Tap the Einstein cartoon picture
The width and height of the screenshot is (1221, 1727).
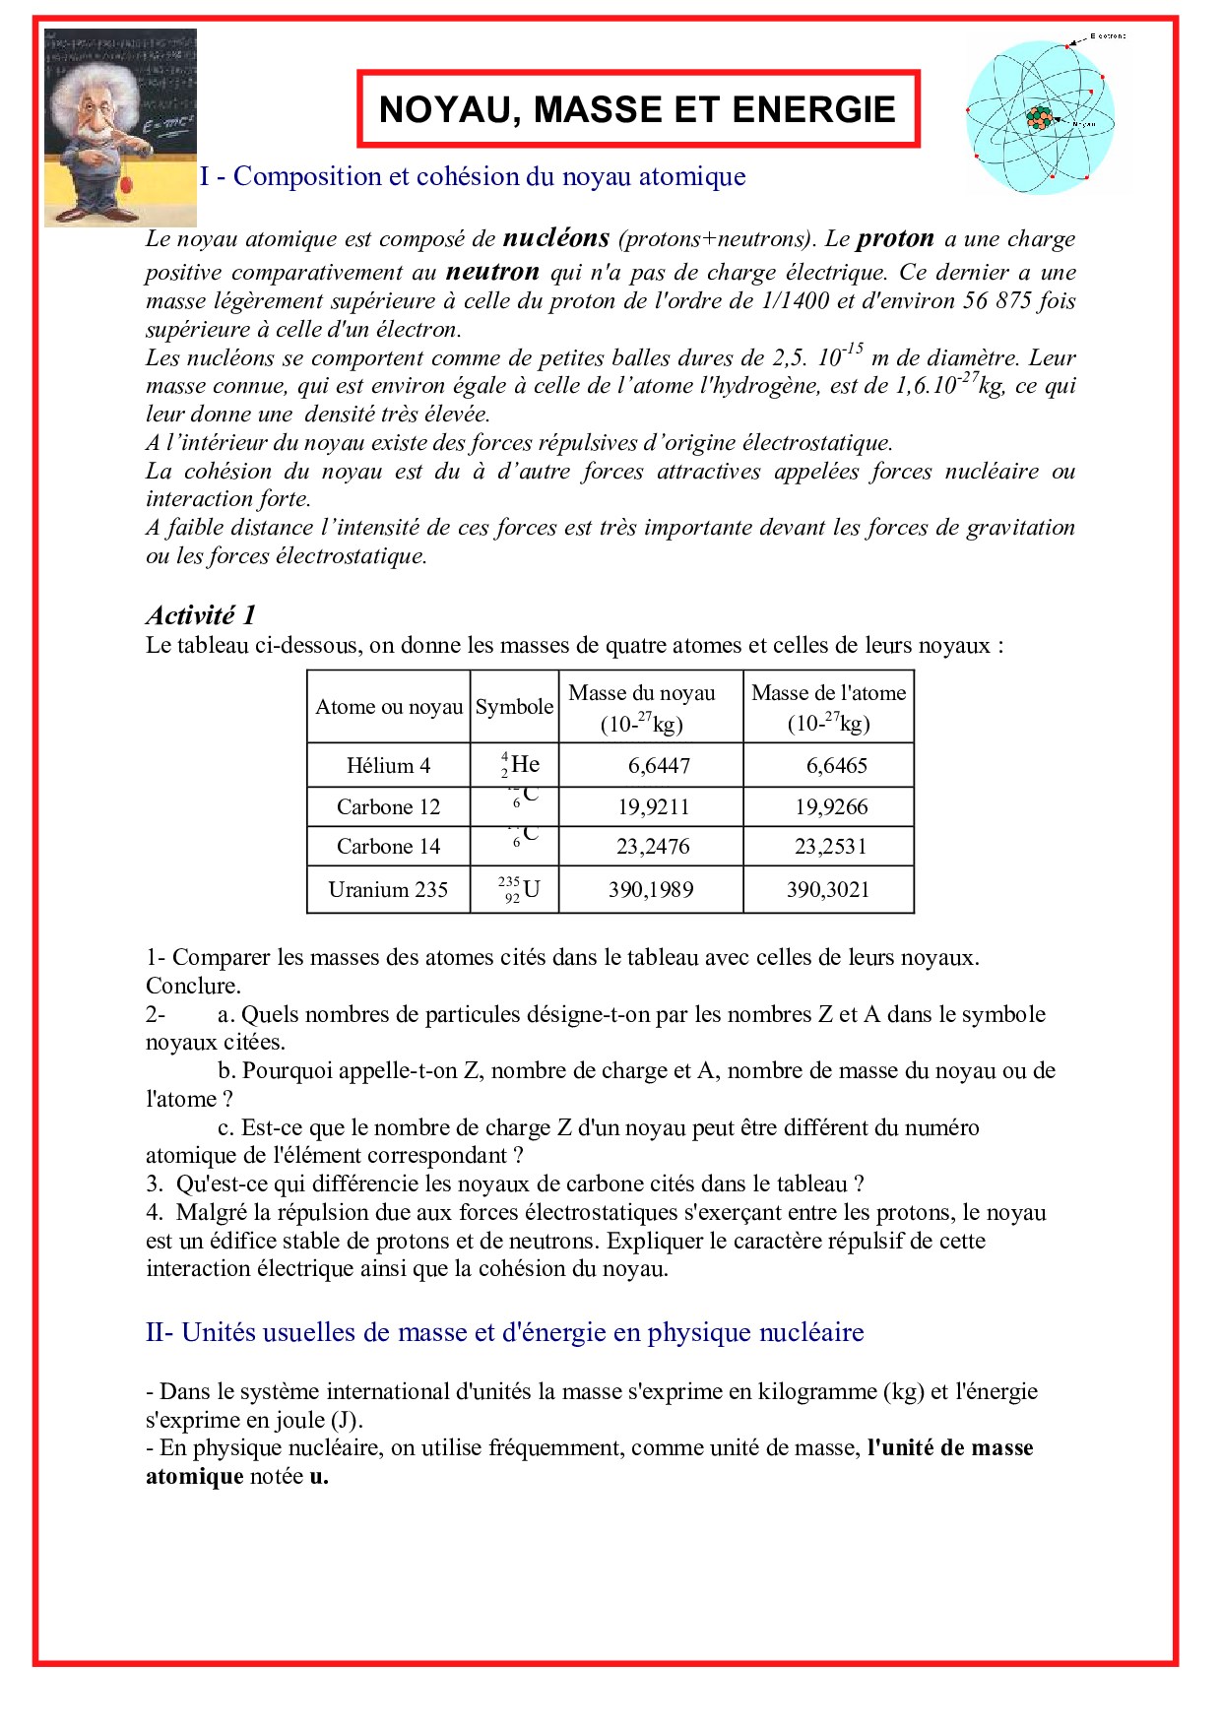point(120,128)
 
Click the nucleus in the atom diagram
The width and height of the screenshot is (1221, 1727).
point(1039,118)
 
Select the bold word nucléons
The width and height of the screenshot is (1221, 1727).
point(555,238)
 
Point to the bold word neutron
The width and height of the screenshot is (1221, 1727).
point(492,272)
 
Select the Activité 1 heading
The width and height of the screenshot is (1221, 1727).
point(201,615)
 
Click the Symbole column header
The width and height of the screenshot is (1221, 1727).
point(514,707)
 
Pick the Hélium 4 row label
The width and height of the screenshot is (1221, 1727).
point(388,765)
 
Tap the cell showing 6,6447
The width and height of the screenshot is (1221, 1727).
point(659,765)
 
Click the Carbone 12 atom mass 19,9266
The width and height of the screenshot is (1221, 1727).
point(831,807)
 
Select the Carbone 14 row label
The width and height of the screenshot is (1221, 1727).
point(388,847)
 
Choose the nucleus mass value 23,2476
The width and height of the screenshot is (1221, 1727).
point(653,847)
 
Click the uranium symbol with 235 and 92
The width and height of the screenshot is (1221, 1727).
point(519,889)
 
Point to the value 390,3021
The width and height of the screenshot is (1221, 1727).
point(827,890)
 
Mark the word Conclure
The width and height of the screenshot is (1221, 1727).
point(193,986)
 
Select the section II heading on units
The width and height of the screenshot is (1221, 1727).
point(504,1332)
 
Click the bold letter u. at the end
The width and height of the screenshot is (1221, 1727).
point(318,1476)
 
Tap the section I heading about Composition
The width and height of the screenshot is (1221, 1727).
point(473,176)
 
